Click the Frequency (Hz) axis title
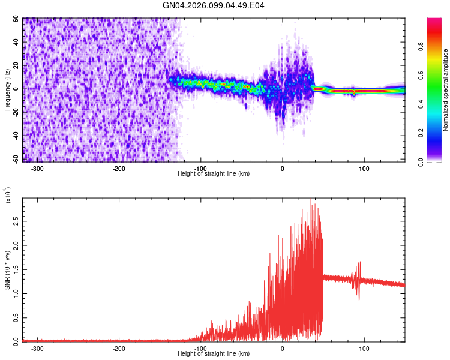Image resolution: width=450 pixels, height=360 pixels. (x=7, y=90)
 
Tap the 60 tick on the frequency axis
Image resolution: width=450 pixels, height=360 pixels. (x=17, y=19)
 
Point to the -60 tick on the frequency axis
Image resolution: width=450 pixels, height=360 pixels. (x=16, y=159)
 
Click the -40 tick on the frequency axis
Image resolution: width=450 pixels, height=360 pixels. (x=16, y=136)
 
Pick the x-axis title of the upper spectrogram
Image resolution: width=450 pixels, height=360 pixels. (x=214, y=173)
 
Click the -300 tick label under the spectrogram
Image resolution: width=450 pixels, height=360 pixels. (x=37, y=168)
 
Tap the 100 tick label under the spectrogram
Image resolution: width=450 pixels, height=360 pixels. (x=364, y=168)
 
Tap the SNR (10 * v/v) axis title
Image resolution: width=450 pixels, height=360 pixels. (x=7, y=270)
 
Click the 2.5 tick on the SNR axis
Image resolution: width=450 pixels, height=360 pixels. (x=16, y=222)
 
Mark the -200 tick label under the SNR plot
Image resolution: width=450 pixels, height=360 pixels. (x=118, y=348)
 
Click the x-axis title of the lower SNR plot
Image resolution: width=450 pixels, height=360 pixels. (x=214, y=354)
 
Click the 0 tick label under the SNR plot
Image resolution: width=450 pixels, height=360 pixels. (x=282, y=348)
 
